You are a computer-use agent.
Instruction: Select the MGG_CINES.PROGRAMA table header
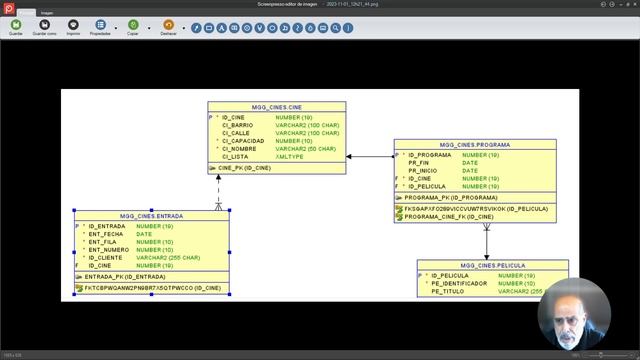475,145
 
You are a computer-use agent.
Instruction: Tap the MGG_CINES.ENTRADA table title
152,215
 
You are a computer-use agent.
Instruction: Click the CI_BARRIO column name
236,125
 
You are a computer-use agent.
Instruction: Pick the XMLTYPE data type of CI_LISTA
291,156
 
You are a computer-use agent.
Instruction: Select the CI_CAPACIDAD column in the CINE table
243,141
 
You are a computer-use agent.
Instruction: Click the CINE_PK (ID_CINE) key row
244,168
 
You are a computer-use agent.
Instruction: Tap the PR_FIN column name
420,163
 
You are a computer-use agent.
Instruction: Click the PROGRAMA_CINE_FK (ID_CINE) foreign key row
450,216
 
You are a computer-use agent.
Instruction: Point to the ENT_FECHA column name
106,234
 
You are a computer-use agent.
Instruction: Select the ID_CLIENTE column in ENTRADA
107,258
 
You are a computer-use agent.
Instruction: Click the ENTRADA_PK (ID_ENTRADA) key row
125,276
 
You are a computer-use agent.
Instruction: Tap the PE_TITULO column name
450,291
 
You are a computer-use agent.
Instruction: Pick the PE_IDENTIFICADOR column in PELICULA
460,283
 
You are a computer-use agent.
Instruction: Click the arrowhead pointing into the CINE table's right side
349,156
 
